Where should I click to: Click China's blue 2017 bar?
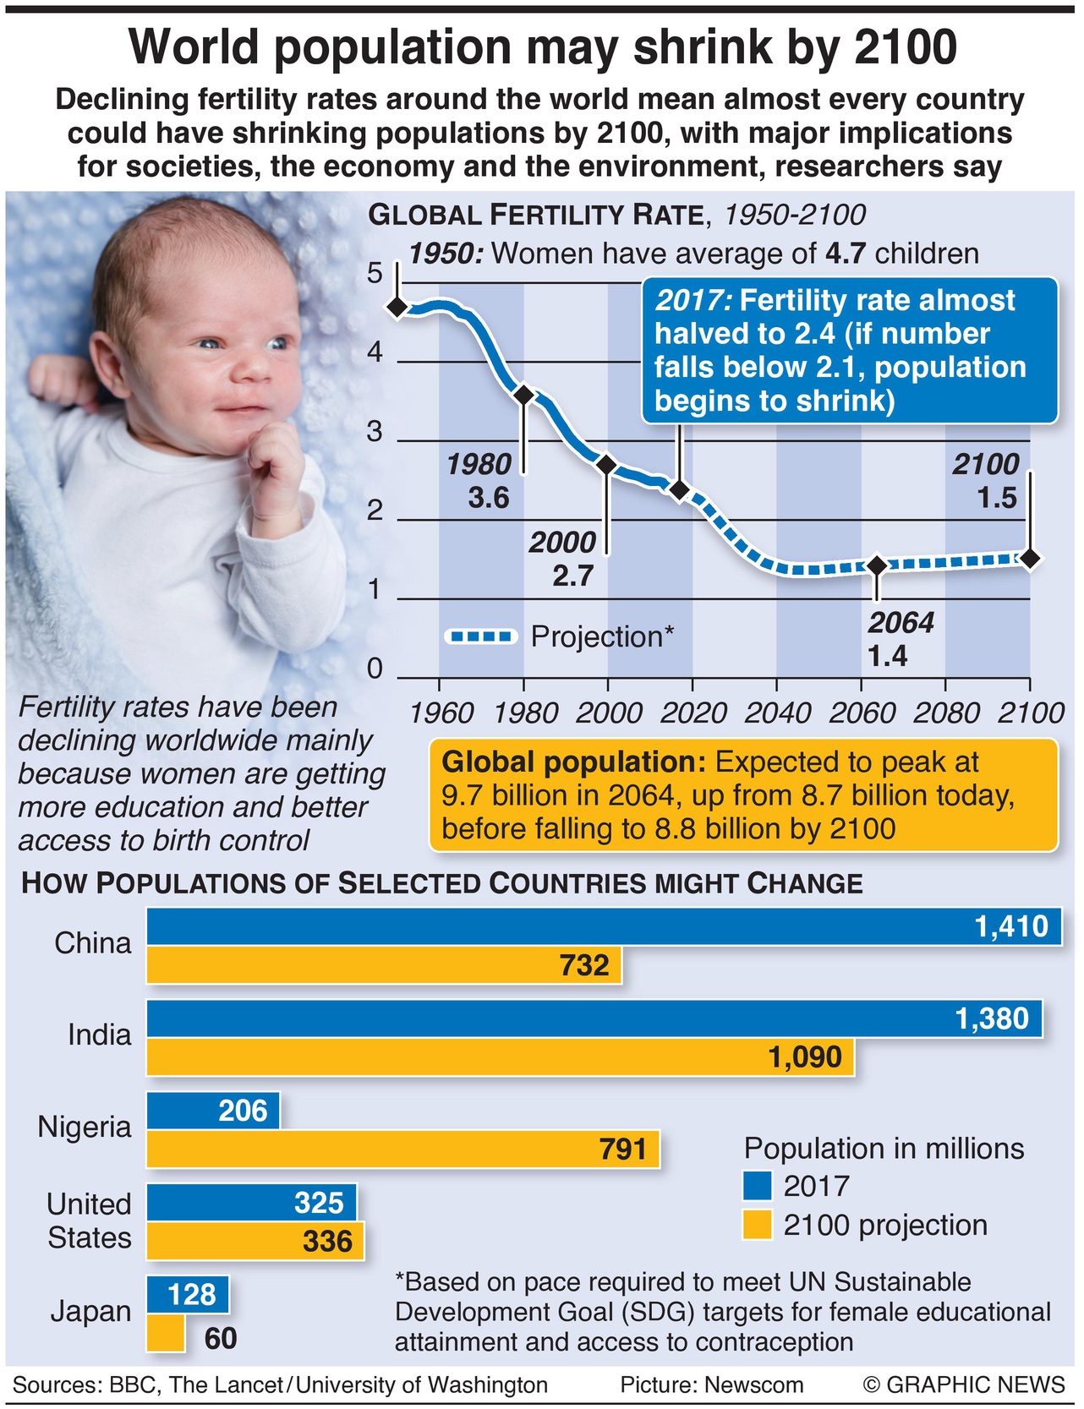coord(604,926)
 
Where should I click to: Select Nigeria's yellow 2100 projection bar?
coord(402,1150)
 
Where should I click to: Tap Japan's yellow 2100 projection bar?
coord(166,1333)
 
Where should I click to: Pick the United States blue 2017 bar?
coord(251,1202)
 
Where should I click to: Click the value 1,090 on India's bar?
coord(805,1057)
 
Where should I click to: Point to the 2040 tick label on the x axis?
coord(777,713)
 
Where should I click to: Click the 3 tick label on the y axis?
coord(375,432)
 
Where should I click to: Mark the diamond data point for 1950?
coord(397,307)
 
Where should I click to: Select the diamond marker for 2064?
coord(877,565)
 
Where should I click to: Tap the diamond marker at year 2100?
coord(1030,558)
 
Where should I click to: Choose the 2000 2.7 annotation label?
coord(564,559)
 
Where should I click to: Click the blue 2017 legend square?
coord(758,1185)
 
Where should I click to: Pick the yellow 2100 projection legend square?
coord(758,1225)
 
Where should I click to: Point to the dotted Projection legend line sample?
coord(480,636)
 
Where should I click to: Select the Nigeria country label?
coord(85,1127)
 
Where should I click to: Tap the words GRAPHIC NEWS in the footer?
coord(975,1384)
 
